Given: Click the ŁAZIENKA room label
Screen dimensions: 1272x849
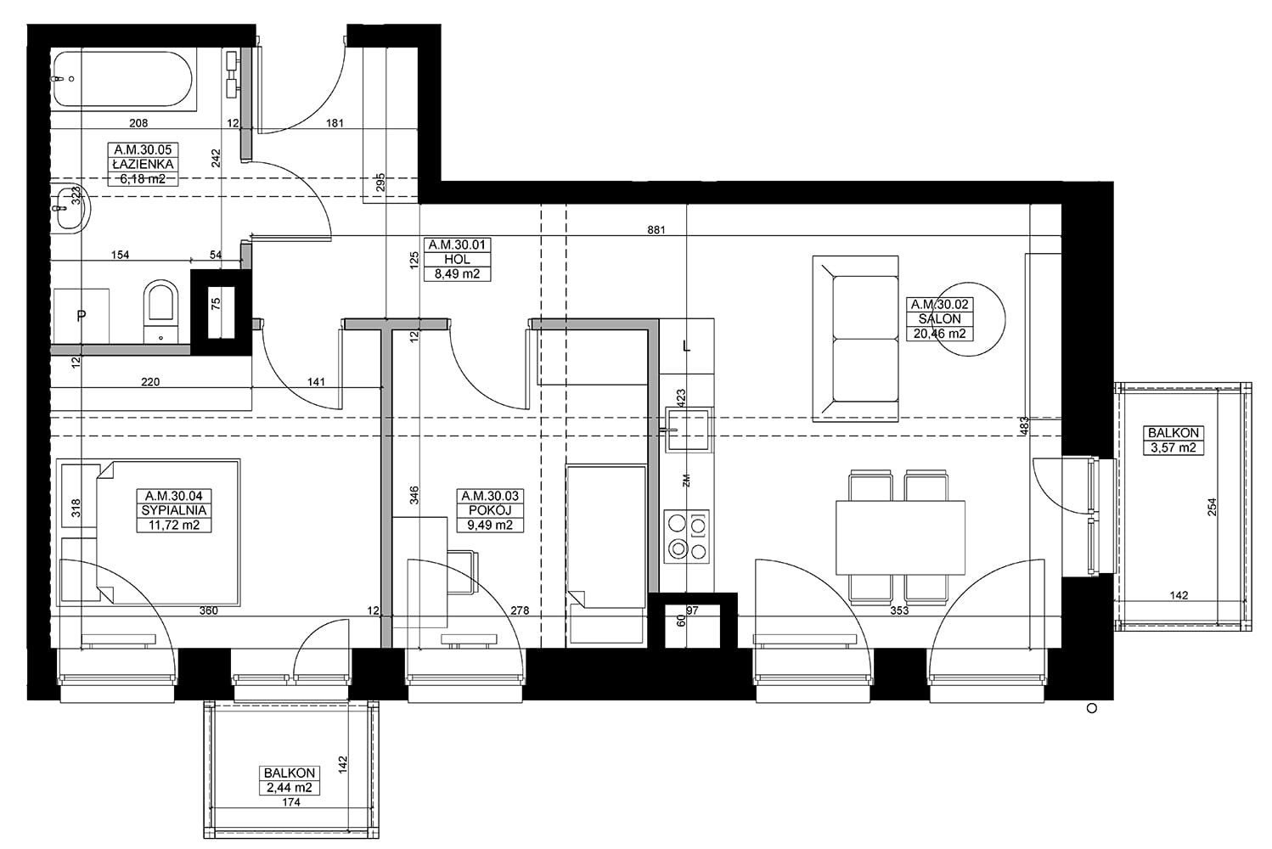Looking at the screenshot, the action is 143,164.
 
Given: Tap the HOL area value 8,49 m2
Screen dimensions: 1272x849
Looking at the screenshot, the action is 457,273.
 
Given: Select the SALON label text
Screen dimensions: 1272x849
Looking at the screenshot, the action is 940,319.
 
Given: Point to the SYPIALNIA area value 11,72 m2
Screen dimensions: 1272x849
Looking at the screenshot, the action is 174,525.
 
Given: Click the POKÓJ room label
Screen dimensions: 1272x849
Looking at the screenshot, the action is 490,510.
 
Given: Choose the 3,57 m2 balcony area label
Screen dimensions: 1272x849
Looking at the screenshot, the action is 1174,447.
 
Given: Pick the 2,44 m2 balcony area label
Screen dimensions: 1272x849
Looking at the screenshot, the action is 289,788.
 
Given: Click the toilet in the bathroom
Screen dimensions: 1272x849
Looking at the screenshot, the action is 161,312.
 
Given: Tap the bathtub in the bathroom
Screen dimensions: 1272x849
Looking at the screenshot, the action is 124,79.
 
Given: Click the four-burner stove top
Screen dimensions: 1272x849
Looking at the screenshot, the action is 687,537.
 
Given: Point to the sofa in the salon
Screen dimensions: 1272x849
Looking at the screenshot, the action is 856,339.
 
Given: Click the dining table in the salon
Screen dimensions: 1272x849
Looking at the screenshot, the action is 900,537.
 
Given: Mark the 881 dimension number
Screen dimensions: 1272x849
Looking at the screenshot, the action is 656,230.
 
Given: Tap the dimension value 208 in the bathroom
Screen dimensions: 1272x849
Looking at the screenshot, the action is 138,122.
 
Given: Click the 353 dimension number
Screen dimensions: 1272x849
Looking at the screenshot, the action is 899,610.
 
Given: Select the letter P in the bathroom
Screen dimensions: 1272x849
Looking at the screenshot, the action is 82,315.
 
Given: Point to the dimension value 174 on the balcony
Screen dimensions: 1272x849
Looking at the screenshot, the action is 290,802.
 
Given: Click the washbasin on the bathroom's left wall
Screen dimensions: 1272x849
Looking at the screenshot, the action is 70,208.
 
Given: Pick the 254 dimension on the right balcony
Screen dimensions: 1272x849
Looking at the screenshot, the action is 1212,507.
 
